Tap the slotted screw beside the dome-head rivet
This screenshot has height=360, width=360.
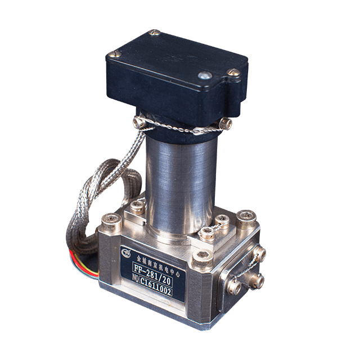pos(232,73)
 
